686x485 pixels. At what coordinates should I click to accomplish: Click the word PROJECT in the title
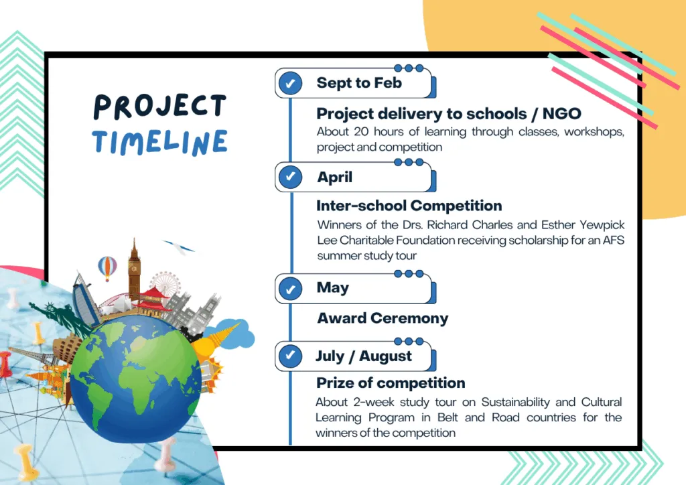click(x=160, y=107)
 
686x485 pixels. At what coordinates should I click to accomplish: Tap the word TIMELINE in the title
click(x=160, y=142)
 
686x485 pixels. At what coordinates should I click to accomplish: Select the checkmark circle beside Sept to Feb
click(x=290, y=82)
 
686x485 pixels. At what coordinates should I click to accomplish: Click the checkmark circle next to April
click(x=290, y=177)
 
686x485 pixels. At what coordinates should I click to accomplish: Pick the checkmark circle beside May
click(x=290, y=289)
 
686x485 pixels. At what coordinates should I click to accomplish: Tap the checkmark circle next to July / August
click(x=290, y=356)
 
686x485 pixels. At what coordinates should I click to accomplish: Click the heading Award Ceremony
click(x=383, y=318)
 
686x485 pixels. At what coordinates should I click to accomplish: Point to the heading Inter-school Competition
click(x=409, y=206)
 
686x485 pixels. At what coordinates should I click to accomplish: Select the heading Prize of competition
click(x=391, y=383)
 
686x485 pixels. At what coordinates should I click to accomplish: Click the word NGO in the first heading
click(x=562, y=114)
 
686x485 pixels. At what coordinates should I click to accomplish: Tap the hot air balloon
click(x=107, y=268)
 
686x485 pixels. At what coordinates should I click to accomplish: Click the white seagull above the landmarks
click(x=179, y=247)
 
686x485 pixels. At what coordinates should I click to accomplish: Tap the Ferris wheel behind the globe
click(x=165, y=283)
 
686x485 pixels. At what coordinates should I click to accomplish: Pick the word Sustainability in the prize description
click(x=516, y=403)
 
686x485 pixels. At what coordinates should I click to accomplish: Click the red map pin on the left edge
click(x=5, y=364)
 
